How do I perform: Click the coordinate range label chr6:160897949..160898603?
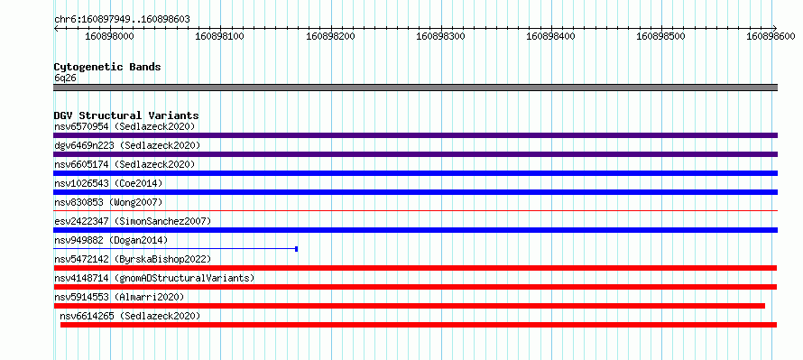click(122, 19)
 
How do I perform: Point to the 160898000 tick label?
click(109, 36)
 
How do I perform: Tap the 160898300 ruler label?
click(441, 36)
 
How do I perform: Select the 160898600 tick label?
click(771, 36)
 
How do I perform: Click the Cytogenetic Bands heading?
click(107, 67)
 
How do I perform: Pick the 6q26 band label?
click(65, 78)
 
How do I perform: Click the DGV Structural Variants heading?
click(126, 115)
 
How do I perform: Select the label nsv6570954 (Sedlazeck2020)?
click(125, 126)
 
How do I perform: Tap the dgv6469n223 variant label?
click(84, 145)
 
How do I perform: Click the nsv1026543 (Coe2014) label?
click(108, 183)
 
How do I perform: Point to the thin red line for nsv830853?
click(415, 210)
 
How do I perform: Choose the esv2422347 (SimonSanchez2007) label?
click(133, 221)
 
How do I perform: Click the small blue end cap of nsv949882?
click(297, 249)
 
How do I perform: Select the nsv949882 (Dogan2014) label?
click(111, 240)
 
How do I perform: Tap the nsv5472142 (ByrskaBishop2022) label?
click(133, 259)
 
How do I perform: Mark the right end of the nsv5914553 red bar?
click(764, 306)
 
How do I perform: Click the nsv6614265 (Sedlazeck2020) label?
click(130, 316)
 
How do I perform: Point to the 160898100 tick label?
click(220, 36)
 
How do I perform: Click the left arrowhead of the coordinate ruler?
click(56, 28)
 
